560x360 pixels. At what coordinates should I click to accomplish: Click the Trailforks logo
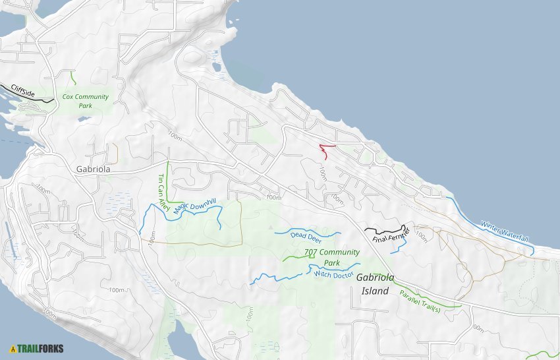[x=37, y=348]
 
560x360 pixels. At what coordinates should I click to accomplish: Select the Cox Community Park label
[x=85, y=101]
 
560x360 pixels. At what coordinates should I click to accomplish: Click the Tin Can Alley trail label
[x=162, y=192]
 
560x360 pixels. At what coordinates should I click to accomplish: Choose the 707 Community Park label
[x=331, y=257]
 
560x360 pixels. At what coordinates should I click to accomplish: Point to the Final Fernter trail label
[x=391, y=235]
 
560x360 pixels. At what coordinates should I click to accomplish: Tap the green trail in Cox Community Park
[x=73, y=77]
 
